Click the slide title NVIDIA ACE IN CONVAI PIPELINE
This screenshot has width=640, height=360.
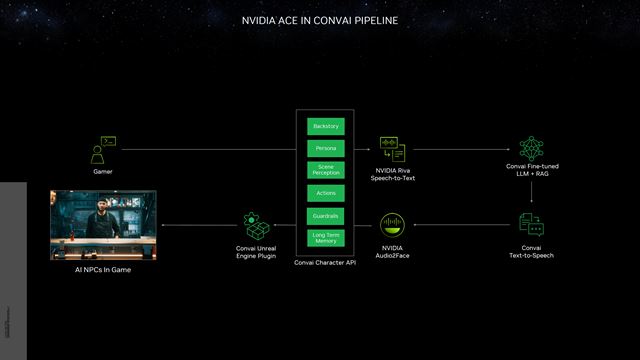coord(320,19)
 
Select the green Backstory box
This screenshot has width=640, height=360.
coord(326,127)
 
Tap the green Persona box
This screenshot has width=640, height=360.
coord(326,148)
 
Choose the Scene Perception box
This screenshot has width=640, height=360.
coord(326,170)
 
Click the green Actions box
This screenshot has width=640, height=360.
coord(326,192)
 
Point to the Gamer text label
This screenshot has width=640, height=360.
coord(103,172)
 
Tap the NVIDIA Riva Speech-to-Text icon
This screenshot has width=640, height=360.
coord(392,149)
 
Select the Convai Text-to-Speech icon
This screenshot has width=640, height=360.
coord(531,224)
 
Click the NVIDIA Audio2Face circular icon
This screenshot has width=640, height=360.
coord(392,225)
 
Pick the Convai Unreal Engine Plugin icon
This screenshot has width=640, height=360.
coord(252,225)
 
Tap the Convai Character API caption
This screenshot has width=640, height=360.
coord(326,262)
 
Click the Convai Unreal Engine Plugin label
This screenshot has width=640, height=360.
coord(252,252)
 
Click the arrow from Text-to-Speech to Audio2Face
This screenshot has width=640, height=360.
coord(460,225)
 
